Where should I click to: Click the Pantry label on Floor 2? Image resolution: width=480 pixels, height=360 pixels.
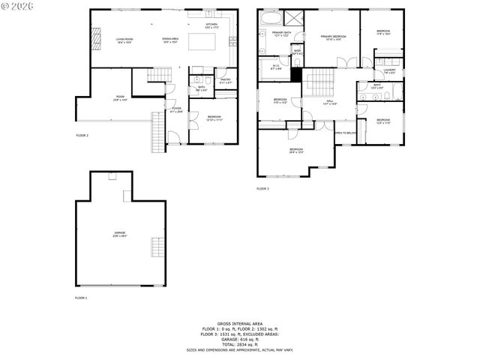[x=225, y=80]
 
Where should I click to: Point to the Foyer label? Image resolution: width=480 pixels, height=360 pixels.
[x=176, y=110]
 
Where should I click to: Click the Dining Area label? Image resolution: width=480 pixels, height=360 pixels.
[x=171, y=40]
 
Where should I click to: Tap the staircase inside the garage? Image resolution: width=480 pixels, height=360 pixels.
[x=156, y=247]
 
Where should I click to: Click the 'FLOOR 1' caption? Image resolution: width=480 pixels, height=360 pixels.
[x=81, y=298]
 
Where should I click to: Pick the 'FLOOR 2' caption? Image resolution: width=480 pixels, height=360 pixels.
[x=82, y=135]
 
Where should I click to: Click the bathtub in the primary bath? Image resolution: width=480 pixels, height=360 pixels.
[x=271, y=18]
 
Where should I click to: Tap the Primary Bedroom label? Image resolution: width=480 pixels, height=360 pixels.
[x=332, y=37]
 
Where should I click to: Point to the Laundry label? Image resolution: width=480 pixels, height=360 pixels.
[x=389, y=72]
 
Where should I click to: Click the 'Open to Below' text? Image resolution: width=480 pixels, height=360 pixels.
[x=345, y=133]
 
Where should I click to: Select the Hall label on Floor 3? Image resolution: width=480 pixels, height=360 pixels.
[x=330, y=103]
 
